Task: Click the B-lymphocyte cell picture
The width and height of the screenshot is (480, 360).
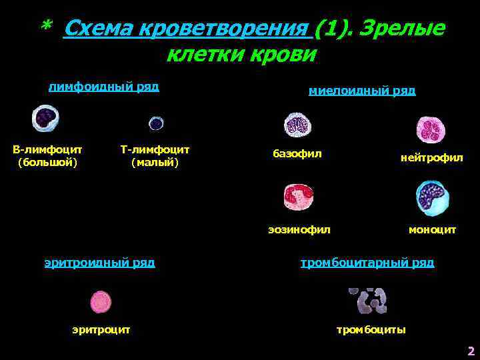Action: (x=45, y=119)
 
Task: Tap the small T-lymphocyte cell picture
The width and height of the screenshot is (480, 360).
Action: (x=156, y=123)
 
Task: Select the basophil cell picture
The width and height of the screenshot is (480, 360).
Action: (x=297, y=125)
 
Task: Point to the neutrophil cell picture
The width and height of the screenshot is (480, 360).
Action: (x=431, y=129)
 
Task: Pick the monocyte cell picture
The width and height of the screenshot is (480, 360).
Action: (x=432, y=198)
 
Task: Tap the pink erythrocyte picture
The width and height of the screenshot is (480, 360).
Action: (x=101, y=302)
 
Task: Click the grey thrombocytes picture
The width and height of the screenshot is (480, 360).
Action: (x=367, y=301)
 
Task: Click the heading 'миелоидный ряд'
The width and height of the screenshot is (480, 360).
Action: (x=362, y=91)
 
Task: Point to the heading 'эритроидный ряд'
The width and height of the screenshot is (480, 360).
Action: (x=99, y=263)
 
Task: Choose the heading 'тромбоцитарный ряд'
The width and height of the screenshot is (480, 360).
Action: (x=367, y=263)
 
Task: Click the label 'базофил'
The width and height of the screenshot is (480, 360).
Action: (x=297, y=154)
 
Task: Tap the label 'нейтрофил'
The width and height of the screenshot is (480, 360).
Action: (x=431, y=158)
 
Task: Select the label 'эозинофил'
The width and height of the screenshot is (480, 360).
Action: (x=299, y=229)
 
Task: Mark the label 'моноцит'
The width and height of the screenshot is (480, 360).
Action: (x=432, y=229)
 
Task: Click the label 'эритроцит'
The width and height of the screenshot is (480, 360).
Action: (x=101, y=329)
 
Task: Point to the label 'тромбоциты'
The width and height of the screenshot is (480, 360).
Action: (x=371, y=330)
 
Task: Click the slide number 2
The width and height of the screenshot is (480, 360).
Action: (x=471, y=351)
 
